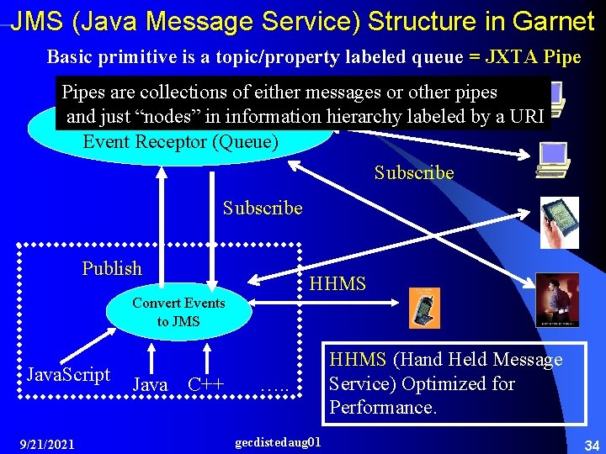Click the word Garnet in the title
click(553, 20)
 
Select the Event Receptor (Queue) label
click(180, 141)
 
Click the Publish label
click(112, 268)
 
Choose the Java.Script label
click(69, 374)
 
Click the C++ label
click(205, 385)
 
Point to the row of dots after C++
click(274, 388)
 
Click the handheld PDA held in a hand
click(559, 220)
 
